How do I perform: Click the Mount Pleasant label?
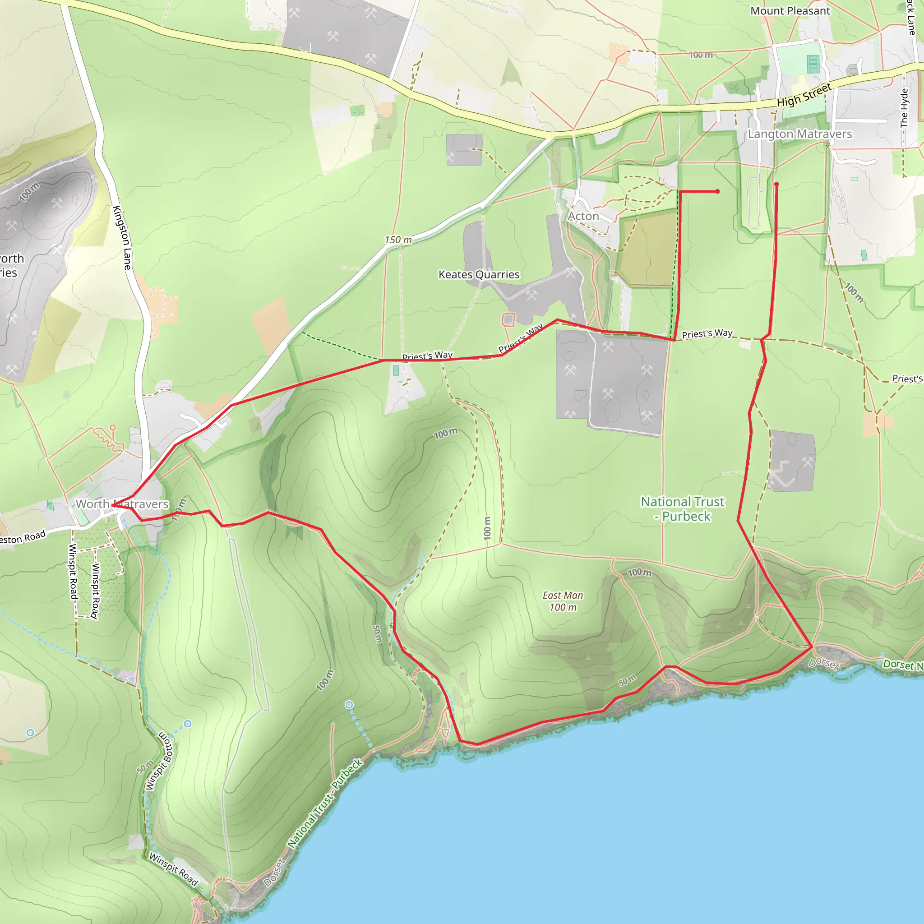coord(790,11)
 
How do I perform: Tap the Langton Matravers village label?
coord(799,134)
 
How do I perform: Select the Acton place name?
coord(583,216)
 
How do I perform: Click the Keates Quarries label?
coord(479,274)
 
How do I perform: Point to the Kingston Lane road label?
coord(122,237)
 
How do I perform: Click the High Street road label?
coord(804,95)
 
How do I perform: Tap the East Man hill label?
coord(563,601)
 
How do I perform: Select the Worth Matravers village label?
coord(122,504)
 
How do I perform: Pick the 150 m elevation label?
coord(398,240)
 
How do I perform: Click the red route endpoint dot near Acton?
coord(717,191)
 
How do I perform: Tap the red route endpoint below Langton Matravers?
coord(776,184)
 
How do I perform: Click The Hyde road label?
coord(904,108)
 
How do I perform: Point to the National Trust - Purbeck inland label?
coord(683,509)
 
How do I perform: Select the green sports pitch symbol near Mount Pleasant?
coord(813,64)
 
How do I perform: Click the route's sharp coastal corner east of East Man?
coord(812,647)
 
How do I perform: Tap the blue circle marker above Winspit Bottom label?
coord(188,724)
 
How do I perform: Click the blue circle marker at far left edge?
coord(30,733)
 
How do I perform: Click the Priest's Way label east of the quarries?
coord(707,333)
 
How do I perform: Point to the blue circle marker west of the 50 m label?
coord(350,704)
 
